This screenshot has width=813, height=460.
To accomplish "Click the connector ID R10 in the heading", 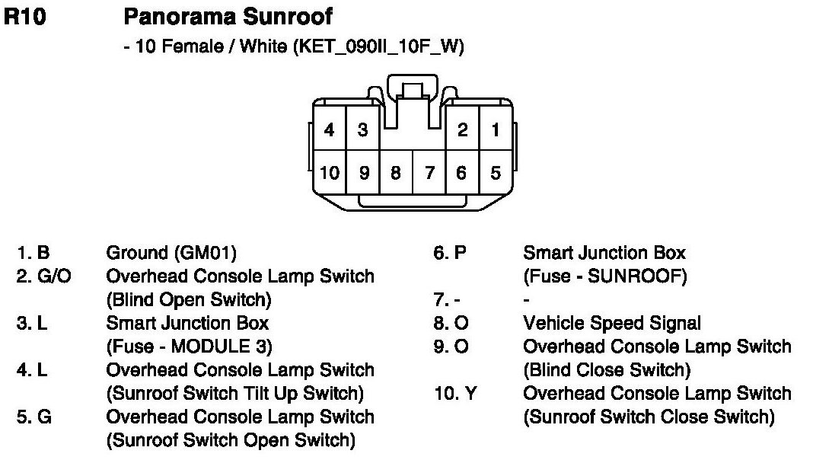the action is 25,17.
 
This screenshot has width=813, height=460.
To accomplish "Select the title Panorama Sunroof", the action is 228,16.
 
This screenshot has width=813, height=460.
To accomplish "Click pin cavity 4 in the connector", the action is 329,130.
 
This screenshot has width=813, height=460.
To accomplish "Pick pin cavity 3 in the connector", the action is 363,130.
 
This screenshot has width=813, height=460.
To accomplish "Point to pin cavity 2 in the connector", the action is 462,130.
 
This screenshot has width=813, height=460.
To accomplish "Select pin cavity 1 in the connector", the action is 496,130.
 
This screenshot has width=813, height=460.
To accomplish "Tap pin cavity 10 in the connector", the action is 330,173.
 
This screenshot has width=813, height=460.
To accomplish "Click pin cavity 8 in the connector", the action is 396,173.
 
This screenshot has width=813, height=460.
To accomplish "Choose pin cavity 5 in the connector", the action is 496,173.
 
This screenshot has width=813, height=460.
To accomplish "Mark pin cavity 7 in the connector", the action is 429,173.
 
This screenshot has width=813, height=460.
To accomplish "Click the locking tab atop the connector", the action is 413,90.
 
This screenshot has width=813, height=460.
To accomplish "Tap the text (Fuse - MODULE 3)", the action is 189,347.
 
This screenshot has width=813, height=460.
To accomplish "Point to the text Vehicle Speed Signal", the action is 612,323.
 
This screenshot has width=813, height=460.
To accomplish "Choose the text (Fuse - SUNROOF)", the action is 604,276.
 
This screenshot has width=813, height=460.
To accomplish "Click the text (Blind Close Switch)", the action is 607,370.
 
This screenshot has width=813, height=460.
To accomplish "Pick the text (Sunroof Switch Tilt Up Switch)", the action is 234,394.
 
